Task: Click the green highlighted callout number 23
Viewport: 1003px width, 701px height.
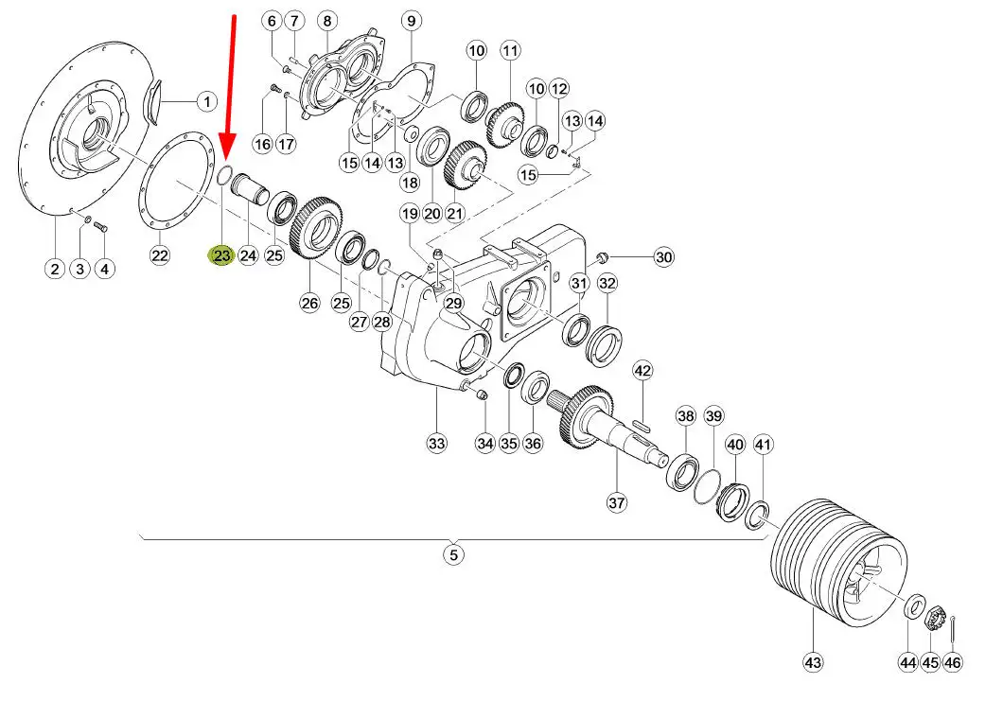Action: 221,255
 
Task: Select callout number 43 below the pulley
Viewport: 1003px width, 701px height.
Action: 813,662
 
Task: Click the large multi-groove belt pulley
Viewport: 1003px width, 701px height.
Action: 838,565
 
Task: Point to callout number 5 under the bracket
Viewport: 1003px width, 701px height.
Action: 453,553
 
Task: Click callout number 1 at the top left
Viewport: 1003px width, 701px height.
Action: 206,101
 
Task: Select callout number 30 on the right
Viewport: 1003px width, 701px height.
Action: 664,257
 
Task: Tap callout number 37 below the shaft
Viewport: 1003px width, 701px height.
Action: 616,502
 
